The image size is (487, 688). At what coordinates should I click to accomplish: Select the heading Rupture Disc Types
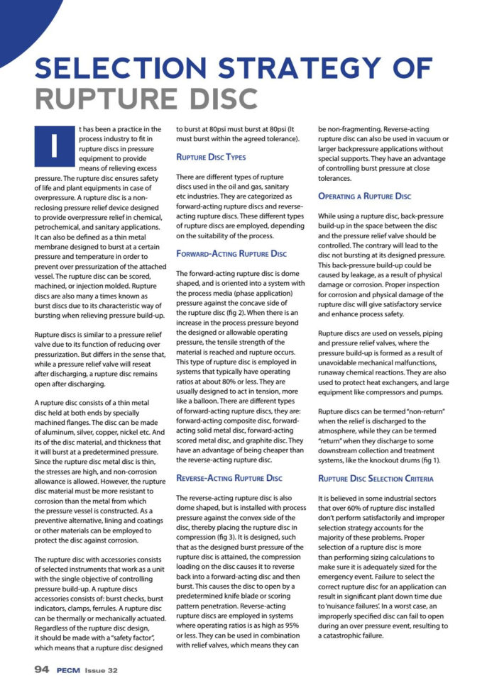[211, 157]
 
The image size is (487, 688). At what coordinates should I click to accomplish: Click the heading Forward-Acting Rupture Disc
[231, 253]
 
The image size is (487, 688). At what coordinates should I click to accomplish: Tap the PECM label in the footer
[72, 669]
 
